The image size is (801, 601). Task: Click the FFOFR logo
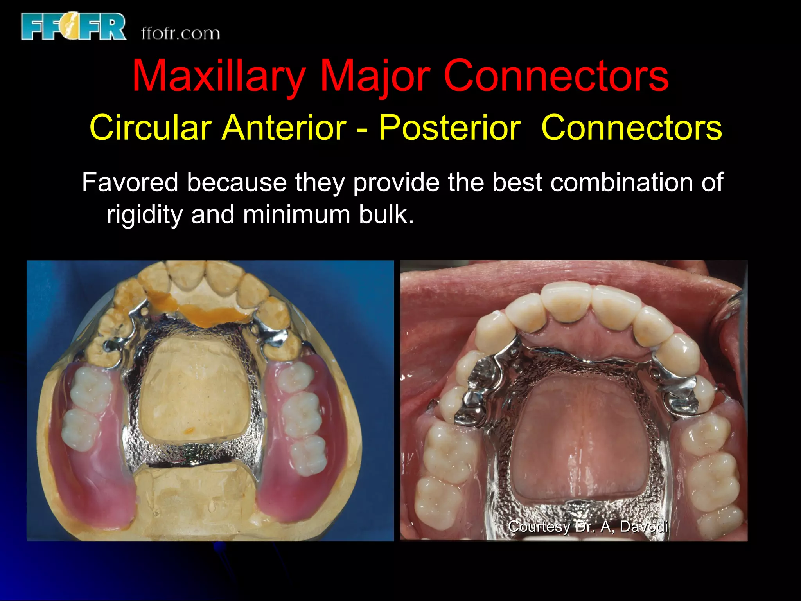point(74,27)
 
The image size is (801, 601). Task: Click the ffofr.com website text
point(180,34)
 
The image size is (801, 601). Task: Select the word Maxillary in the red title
point(219,76)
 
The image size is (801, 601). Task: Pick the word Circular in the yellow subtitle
point(151,128)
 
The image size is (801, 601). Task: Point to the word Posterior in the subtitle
point(449,128)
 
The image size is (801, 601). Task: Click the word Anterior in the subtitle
point(284,128)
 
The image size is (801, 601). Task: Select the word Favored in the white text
point(130,182)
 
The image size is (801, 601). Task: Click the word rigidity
point(145,215)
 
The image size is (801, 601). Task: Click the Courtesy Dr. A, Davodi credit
point(588,527)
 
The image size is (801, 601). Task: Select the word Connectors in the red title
point(556,76)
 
